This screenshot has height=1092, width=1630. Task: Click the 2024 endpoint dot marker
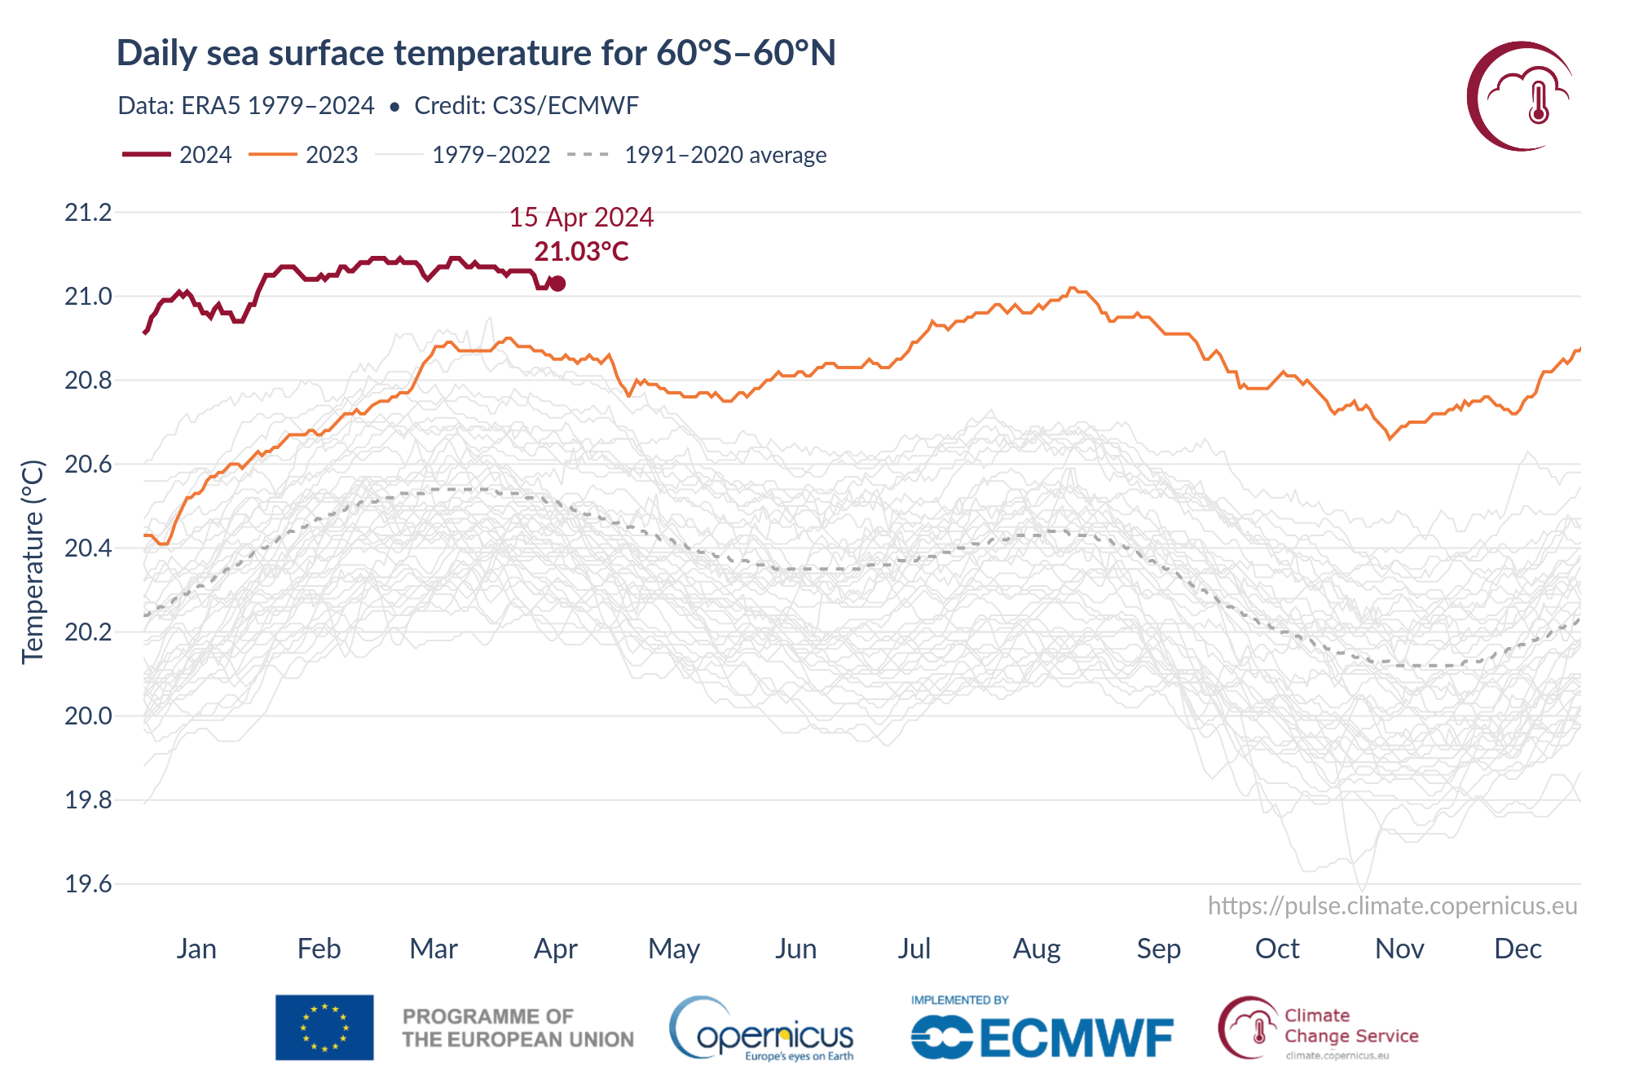tap(557, 284)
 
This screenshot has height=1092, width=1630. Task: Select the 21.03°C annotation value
tap(581, 252)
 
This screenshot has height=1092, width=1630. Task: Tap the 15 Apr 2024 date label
tap(581, 218)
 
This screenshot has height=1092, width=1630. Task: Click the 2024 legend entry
tap(178, 155)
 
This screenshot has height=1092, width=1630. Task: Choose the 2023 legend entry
tap(303, 155)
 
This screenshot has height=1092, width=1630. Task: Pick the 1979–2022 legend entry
tap(463, 155)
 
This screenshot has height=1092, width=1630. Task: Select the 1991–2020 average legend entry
tap(697, 155)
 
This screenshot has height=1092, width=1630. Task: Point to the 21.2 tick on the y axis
tap(88, 213)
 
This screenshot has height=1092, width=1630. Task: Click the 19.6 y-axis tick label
tap(88, 884)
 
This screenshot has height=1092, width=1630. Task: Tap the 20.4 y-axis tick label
tap(88, 548)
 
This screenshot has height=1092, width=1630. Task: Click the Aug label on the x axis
tap(1037, 949)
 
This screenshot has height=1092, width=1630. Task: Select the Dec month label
tap(1518, 949)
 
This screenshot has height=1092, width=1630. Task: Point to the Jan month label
tap(196, 949)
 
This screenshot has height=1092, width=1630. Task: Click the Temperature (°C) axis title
tap(33, 562)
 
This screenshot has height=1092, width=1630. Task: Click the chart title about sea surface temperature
tap(476, 53)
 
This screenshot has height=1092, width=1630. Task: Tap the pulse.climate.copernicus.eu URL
tap(1392, 906)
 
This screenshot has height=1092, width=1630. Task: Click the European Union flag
tap(324, 1028)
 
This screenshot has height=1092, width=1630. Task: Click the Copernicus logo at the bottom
tap(762, 1030)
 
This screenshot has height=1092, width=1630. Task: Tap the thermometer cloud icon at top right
tap(1521, 96)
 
